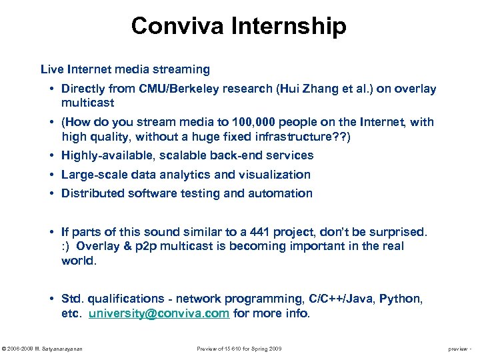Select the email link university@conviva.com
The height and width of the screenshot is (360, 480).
(x=159, y=313)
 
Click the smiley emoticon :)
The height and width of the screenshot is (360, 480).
(x=66, y=246)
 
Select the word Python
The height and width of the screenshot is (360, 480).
(x=401, y=299)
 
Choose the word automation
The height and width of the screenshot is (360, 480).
(x=281, y=193)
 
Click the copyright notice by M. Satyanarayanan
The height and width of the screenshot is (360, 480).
(x=42, y=349)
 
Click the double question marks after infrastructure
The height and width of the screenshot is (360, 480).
(x=339, y=137)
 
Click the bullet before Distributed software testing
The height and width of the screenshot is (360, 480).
(x=51, y=193)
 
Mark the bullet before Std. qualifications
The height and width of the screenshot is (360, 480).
(x=51, y=299)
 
